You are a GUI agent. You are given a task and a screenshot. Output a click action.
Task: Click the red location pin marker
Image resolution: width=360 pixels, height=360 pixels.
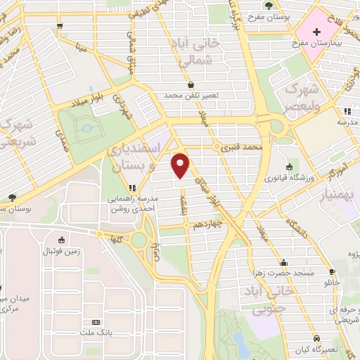click(181, 165)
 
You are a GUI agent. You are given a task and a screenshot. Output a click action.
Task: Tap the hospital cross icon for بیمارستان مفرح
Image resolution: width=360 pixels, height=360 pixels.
click(317, 32)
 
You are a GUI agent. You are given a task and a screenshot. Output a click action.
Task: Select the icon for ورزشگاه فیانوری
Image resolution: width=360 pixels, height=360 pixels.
click(289, 167)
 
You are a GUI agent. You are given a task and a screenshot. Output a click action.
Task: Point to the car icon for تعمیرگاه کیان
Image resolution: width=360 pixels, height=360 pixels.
click(317, 338)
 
